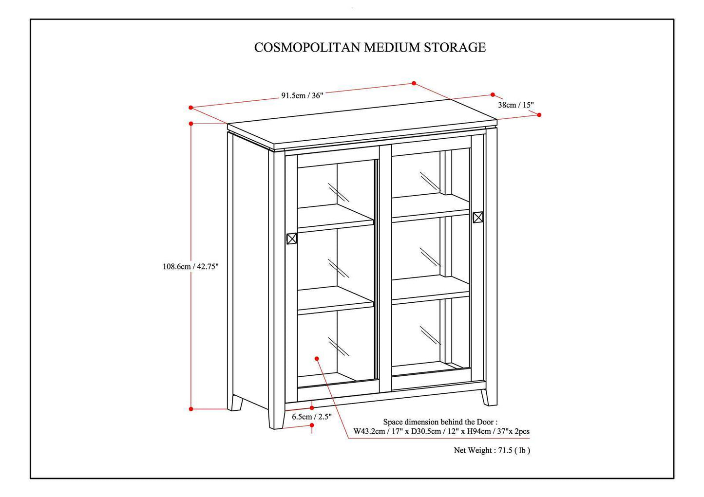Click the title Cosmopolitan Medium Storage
point(370,47)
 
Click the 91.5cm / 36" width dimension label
point(302,95)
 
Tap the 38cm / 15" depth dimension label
point(516,105)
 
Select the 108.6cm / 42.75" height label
point(190,266)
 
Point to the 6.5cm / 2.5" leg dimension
point(312,417)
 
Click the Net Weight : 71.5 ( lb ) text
point(492,450)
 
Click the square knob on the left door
point(292,239)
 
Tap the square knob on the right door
point(478,217)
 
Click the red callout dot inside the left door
point(317,358)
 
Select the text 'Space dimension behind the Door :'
point(440,422)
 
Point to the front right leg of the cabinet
point(490,396)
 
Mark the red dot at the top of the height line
point(191,124)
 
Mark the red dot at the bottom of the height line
point(191,409)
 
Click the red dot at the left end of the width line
point(191,108)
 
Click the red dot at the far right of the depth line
point(539,115)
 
